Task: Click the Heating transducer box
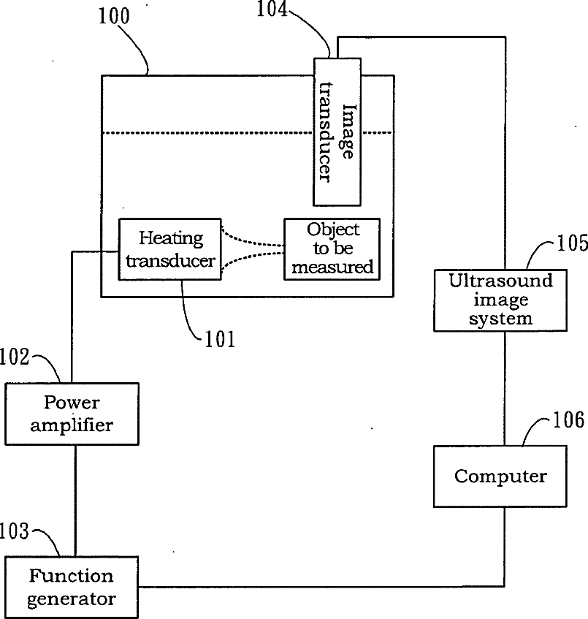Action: point(170,248)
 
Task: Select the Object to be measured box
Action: point(332,248)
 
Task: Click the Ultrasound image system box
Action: point(500,300)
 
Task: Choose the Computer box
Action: point(500,476)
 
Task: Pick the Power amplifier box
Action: point(72,414)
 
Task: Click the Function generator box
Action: point(72,587)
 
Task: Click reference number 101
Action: point(220,339)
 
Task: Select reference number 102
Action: point(15,357)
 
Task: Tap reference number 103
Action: point(15,531)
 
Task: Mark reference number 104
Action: point(272,9)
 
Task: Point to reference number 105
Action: point(572,243)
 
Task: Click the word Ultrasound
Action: point(500,281)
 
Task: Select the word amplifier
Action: point(72,425)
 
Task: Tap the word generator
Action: point(72,599)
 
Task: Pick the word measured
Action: point(332,267)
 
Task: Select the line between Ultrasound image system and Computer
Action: point(504,387)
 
